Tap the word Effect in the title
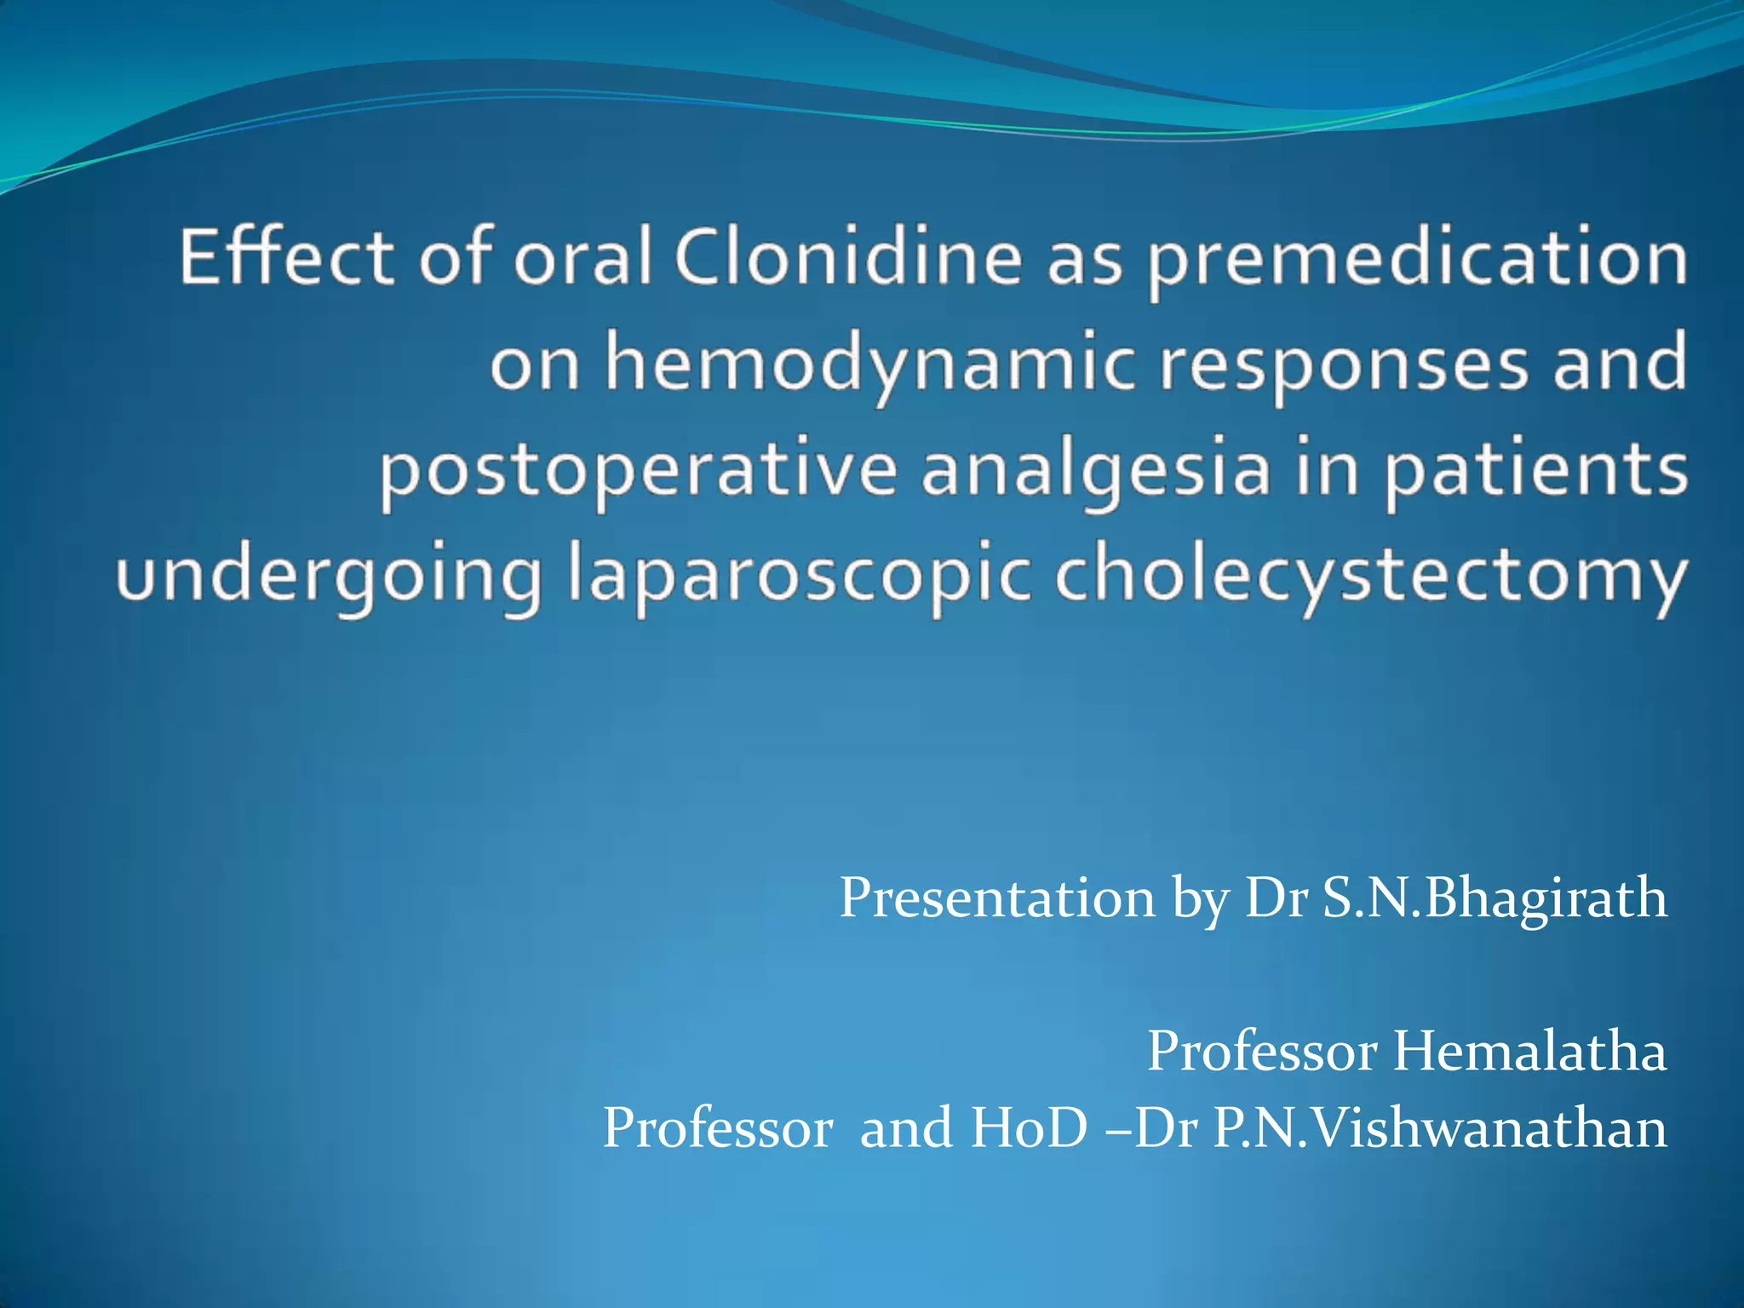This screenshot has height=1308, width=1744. pyautogui.click(x=286, y=257)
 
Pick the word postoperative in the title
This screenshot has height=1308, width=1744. pyautogui.click(x=637, y=472)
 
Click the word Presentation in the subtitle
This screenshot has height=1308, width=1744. pyautogui.click(x=996, y=898)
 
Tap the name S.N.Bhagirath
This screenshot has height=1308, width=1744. pyautogui.click(x=1494, y=898)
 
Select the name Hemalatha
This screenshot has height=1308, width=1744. pyautogui.click(x=1529, y=1051)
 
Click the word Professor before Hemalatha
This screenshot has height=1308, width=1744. pyautogui.click(x=1262, y=1051)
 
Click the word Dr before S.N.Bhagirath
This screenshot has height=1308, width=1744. pyautogui.click(x=1276, y=898)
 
